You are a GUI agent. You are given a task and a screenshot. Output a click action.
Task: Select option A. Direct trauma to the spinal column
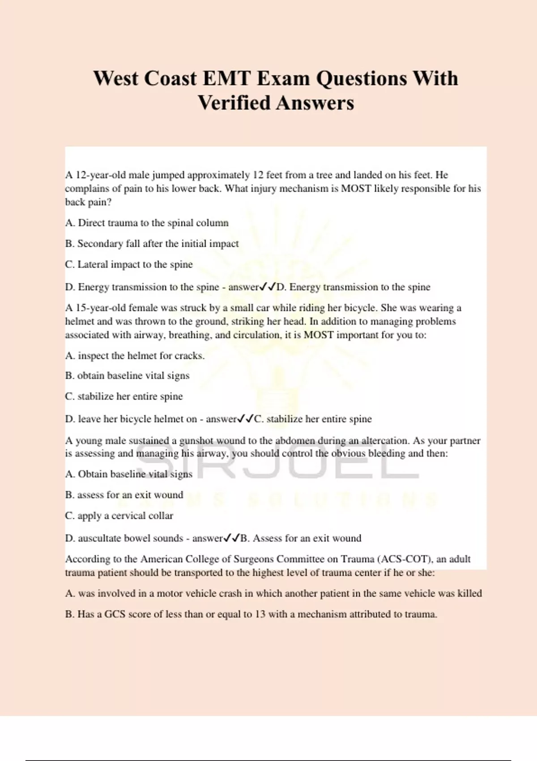(x=147, y=223)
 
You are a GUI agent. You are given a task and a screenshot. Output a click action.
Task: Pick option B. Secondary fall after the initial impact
(x=152, y=244)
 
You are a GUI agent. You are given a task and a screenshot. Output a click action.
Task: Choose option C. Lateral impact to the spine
(x=129, y=265)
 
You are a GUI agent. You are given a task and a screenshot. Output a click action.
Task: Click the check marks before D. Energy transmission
(x=268, y=286)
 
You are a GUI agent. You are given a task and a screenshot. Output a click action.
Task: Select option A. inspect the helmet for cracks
(x=135, y=356)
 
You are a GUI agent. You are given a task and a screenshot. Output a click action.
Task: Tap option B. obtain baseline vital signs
(x=127, y=376)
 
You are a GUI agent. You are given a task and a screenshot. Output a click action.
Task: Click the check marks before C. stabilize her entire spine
(x=245, y=419)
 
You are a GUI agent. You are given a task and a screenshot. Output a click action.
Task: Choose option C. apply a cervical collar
(x=119, y=516)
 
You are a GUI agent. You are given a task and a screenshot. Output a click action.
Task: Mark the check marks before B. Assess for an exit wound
(x=231, y=538)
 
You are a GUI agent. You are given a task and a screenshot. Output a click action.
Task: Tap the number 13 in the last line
(x=260, y=614)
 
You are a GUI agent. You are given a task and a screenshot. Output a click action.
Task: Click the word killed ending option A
(x=469, y=594)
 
